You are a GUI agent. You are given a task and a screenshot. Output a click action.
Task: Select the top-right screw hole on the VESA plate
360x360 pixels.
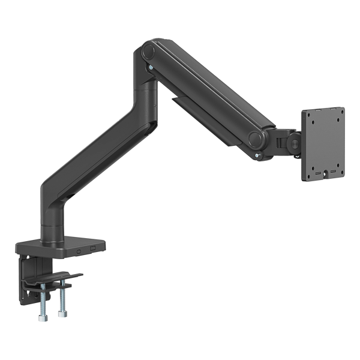[341, 109]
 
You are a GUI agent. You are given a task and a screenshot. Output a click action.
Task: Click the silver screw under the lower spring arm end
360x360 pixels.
[257, 158]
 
